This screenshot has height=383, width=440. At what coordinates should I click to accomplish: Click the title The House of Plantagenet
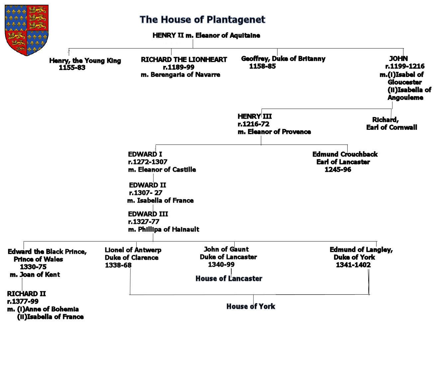[202, 20]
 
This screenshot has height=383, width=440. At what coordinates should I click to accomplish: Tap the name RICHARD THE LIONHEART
[184, 60]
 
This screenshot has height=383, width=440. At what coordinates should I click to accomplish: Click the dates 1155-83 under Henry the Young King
[72, 68]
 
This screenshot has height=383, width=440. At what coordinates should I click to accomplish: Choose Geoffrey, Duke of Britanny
[283, 59]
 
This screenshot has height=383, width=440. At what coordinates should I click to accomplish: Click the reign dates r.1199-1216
[405, 66]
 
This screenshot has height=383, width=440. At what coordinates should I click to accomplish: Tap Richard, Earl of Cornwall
[391, 124]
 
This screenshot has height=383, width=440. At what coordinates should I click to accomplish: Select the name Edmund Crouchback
[345, 154]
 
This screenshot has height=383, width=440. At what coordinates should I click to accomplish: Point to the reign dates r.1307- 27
[146, 193]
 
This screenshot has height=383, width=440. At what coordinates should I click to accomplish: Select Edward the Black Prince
[47, 252]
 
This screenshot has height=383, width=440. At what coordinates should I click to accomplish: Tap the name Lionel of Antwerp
[133, 250]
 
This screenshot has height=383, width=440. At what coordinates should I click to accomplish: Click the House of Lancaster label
[229, 279]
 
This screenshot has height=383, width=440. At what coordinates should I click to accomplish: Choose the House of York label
[251, 306]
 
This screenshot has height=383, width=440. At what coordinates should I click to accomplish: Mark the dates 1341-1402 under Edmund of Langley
[353, 265]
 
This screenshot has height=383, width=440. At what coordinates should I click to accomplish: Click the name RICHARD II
[27, 294]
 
